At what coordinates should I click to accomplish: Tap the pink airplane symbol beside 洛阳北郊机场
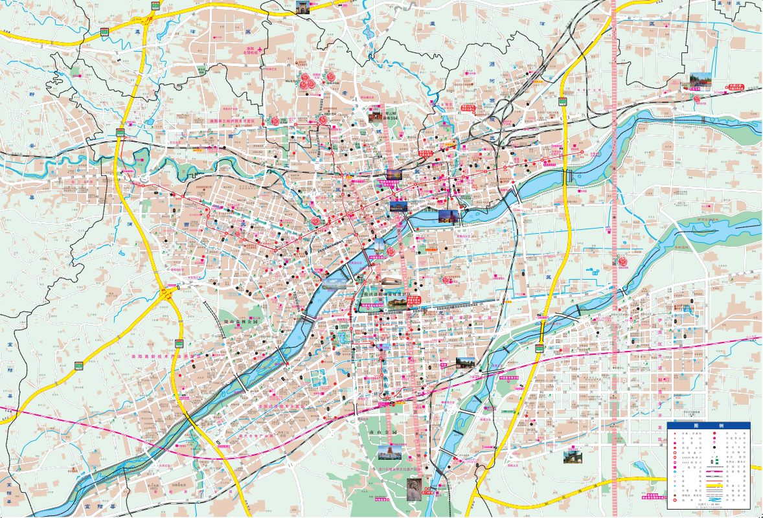coord(260,51)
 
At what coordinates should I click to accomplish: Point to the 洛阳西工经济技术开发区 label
coord(236,121)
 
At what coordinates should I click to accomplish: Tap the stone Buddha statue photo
coord(413,489)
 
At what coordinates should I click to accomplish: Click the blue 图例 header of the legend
coord(708,426)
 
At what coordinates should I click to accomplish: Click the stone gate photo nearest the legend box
coord(573,457)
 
